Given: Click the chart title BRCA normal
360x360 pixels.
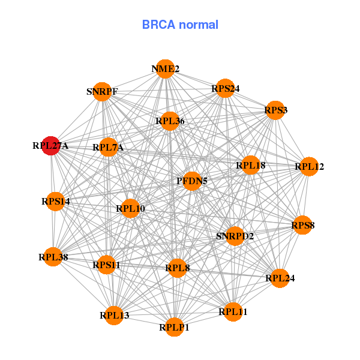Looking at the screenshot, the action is tap(180, 25).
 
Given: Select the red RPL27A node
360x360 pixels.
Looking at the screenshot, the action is tap(51, 145).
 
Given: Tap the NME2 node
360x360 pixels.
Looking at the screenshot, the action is tap(165, 69).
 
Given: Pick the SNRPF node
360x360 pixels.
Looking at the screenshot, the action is tap(103, 92).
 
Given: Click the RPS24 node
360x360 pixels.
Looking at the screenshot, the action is tap(225, 88).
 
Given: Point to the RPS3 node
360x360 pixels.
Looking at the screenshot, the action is tap(275, 110).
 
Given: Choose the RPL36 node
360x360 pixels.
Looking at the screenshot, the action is tap(170, 121).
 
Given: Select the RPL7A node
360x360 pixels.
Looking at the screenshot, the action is tap(108, 147).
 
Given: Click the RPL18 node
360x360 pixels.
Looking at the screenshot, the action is tap(250, 165).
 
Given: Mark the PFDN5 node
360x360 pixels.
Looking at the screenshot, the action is tap(191, 181).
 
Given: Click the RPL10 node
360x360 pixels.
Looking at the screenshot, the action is tap(130, 209).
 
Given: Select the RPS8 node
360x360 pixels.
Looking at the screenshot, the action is tap(302, 225).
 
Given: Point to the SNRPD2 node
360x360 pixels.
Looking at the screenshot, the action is tap(235, 236).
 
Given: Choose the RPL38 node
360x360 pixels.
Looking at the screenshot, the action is tap(53, 257).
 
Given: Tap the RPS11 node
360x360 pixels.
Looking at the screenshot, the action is tap(106, 264).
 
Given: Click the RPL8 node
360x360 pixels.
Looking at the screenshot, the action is tap(177, 268).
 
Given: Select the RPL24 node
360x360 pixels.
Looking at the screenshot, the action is tap(280, 278).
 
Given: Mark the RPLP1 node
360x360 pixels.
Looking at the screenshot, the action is tap(174, 327).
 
